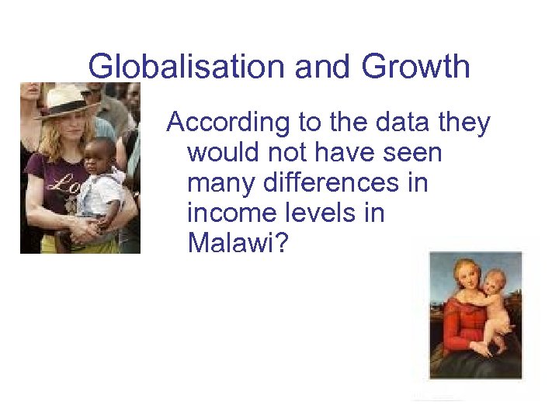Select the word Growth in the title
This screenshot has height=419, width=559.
click(415, 67)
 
